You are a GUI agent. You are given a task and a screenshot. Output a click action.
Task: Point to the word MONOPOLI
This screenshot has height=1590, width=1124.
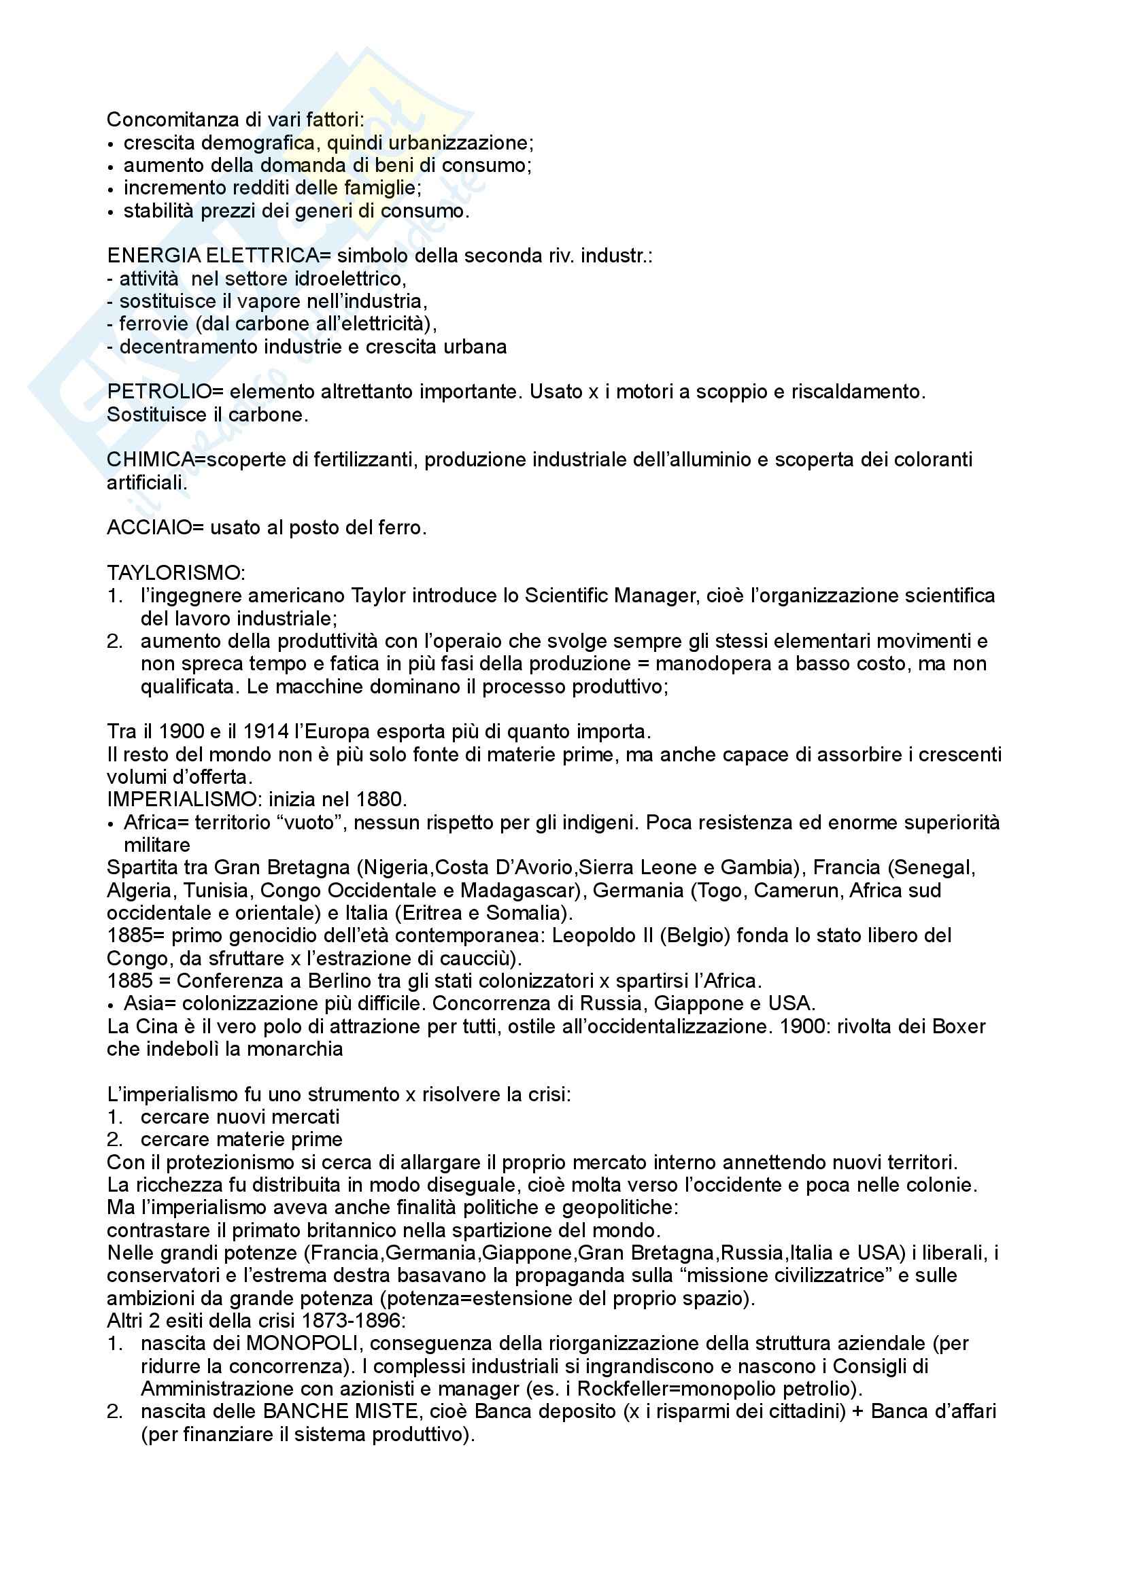coord(303,1343)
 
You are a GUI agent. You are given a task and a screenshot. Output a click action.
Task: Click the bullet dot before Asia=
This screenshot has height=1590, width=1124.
coord(111,1005)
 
